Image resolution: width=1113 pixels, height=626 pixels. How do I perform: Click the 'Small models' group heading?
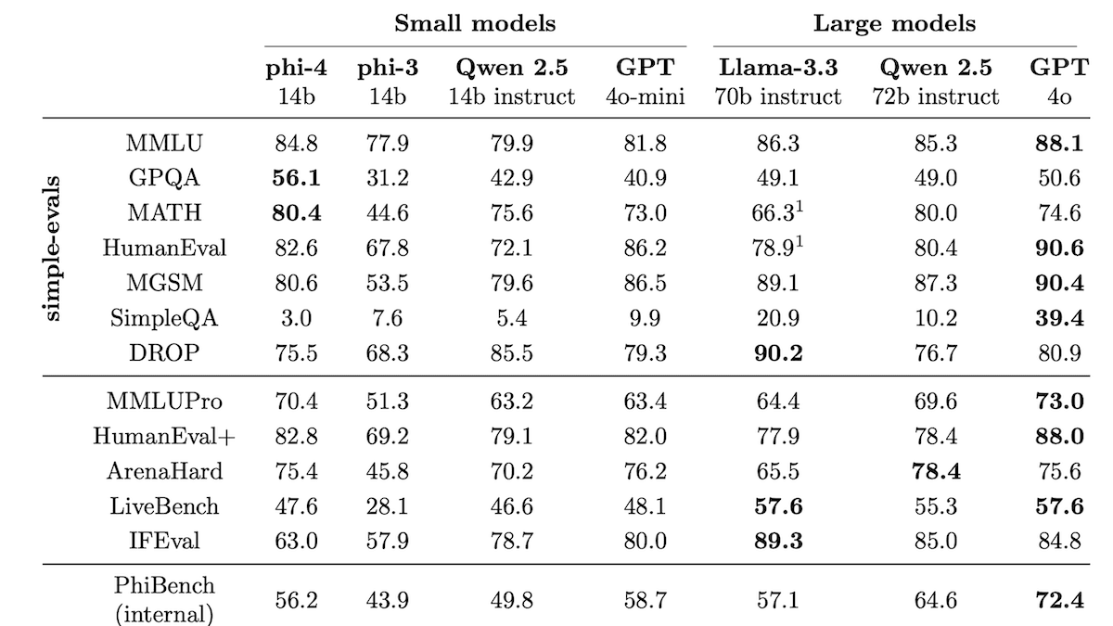pyautogui.click(x=475, y=23)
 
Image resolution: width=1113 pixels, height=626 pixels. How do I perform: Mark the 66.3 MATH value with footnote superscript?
pyautogui.click(x=779, y=213)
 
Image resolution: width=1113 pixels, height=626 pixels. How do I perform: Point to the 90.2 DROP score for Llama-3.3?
pyautogui.click(x=779, y=354)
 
